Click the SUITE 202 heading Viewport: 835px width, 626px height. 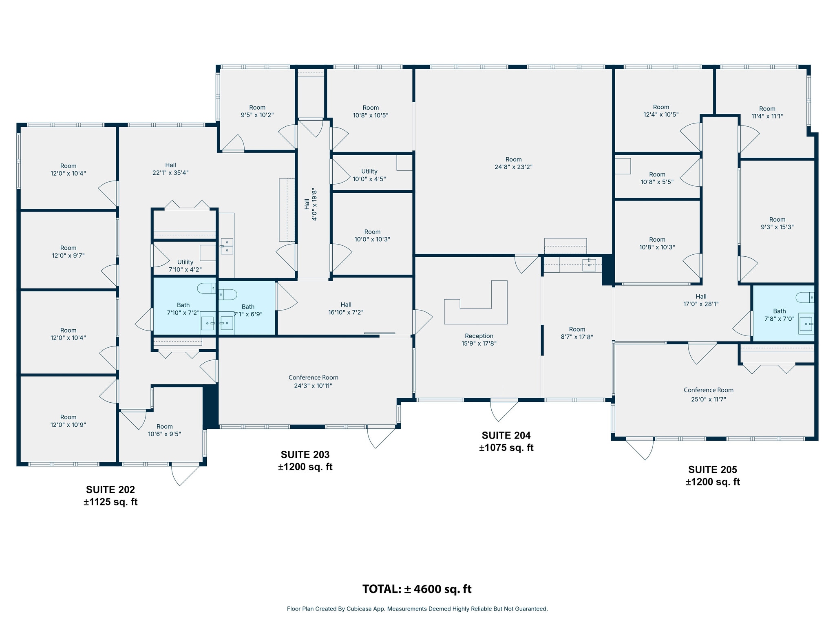[x=110, y=489]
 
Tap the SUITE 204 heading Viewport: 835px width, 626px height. [x=506, y=435]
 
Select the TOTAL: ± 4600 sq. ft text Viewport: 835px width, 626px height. [x=417, y=589]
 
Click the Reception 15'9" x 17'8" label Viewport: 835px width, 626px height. [x=479, y=339]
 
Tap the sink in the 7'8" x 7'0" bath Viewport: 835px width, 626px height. [x=805, y=324]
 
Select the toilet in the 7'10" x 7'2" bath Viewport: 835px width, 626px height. [x=207, y=289]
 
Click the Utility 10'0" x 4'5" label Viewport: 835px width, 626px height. [x=369, y=175]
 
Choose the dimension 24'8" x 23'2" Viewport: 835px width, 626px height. [x=513, y=167]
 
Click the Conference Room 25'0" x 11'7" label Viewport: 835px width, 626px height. [x=708, y=395]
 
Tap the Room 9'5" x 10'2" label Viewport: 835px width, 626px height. [x=257, y=111]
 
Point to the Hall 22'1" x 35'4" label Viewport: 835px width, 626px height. [x=170, y=169]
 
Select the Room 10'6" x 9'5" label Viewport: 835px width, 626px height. [x=164, y=430]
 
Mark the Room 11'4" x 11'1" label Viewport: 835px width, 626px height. [x=767, y=112]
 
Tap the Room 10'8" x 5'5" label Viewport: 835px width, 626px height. [x=657, y=178]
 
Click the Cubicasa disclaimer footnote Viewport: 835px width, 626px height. [x=417, y=609]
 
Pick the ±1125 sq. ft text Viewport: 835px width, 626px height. [x=110, y=502]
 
